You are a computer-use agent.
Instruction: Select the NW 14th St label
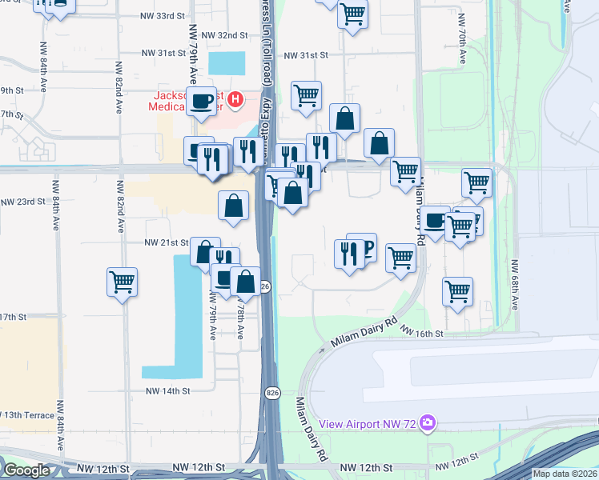tap(168, 391)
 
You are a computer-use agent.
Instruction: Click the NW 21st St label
tap(166, 242)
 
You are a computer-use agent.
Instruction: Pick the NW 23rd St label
tap(22, 201)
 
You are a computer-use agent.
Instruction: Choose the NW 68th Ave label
tap(516, 283)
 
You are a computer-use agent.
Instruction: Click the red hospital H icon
tap(235, 100)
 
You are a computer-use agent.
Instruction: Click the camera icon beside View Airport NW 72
tap(428, 422)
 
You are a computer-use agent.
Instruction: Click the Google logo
tap(26, 470)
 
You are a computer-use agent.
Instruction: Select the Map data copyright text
tap(565, 474)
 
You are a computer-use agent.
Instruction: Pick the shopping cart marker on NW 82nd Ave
tap(122, 282)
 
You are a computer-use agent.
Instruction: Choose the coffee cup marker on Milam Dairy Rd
tap(436, 220)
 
